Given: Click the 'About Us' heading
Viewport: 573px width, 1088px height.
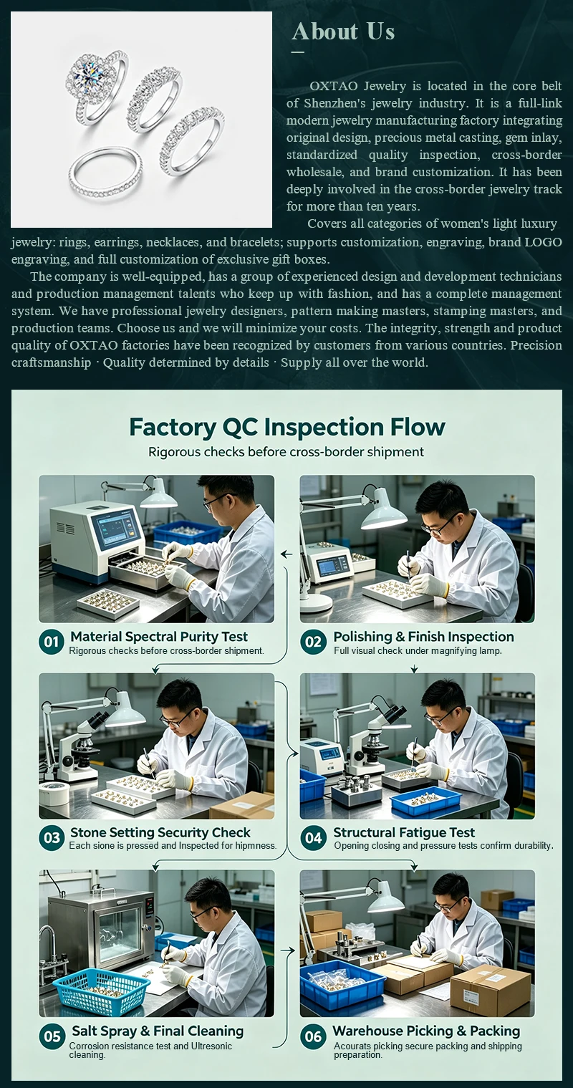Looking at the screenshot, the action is tap(343, 32).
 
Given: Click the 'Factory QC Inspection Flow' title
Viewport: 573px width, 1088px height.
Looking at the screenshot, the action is tap(287, 428).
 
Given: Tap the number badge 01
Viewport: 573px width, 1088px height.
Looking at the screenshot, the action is tap(51, 642).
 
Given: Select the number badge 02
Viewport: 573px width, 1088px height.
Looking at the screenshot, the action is tap(313, 642).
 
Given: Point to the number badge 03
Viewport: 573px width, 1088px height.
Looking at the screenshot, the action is tap(51, 838).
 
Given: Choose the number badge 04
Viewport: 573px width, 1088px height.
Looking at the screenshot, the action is tap(313, 838).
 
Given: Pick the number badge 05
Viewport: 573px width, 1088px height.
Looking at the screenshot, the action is tap(52, 1036).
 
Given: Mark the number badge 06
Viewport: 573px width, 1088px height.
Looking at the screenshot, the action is tap(313, 1036).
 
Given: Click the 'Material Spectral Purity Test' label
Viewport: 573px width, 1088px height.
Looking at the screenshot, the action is tap(159, 637).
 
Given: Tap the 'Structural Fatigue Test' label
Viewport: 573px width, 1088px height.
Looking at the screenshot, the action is tap(404, 832).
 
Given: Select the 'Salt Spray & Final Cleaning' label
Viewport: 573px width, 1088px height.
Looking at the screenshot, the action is tap(158, 1031).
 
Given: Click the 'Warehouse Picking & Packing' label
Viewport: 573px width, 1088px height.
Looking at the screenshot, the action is tap(426, 1031).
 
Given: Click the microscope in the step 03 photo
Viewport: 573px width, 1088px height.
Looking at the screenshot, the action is tap(77, 746).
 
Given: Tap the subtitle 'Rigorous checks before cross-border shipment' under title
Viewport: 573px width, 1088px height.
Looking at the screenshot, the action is tap(286, 452).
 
